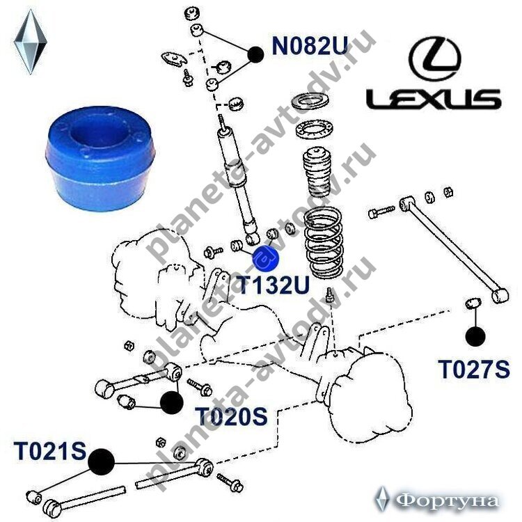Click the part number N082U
308,48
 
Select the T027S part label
474,369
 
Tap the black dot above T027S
475,336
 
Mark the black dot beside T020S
171,402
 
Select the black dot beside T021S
102,460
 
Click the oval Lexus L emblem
433,58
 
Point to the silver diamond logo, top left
31,44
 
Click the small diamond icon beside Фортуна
381,498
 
